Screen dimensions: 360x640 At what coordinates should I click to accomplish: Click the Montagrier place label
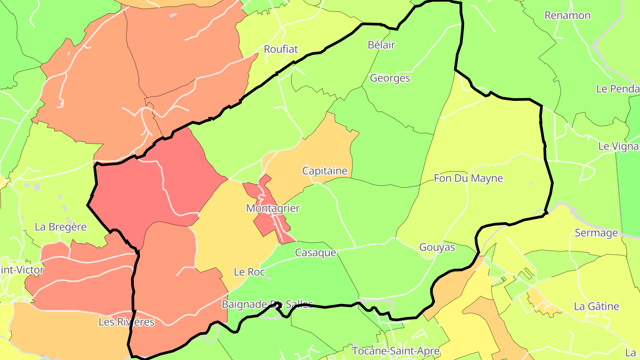tap(273, 208)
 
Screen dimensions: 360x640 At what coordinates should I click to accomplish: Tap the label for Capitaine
tap(324, 171)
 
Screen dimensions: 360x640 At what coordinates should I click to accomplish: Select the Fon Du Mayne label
tap(468, 178)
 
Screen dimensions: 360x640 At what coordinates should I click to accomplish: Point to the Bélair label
tap(381, 44)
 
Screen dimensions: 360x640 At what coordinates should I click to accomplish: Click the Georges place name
tap(390, 78)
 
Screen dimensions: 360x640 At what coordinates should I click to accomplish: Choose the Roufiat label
tap(281, 49)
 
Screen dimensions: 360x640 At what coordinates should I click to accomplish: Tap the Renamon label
tap(568, 16)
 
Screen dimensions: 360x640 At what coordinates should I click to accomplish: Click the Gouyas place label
tap(437, 247)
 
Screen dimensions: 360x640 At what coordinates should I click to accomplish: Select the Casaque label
tap(316, 252)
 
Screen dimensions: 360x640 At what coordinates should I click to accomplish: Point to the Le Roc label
tap(249, 272)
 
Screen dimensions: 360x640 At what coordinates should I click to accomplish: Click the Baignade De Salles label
tap(267, 304)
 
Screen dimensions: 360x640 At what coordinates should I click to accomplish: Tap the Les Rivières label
tap(126, 322)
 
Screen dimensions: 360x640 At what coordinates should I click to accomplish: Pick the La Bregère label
tap(60, 227)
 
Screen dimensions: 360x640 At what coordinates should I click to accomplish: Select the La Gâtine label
tap(596, 306)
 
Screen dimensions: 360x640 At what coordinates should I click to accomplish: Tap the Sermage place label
tap(596, 232)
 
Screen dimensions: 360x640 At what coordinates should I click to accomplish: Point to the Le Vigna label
tap(619, 146)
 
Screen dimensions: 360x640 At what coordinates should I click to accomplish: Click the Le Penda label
tap(618, 88)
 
